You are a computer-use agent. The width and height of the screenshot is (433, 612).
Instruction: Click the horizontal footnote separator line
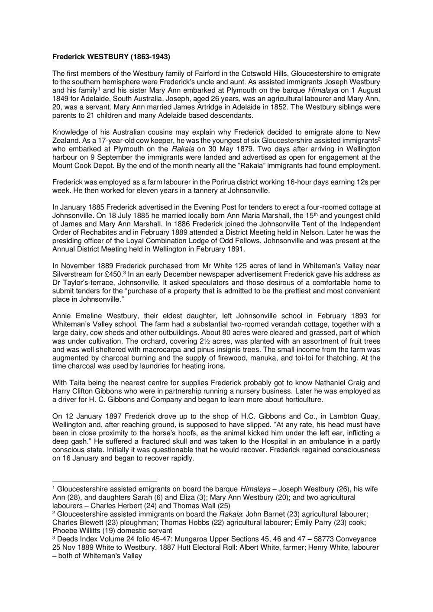click(104, 480)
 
